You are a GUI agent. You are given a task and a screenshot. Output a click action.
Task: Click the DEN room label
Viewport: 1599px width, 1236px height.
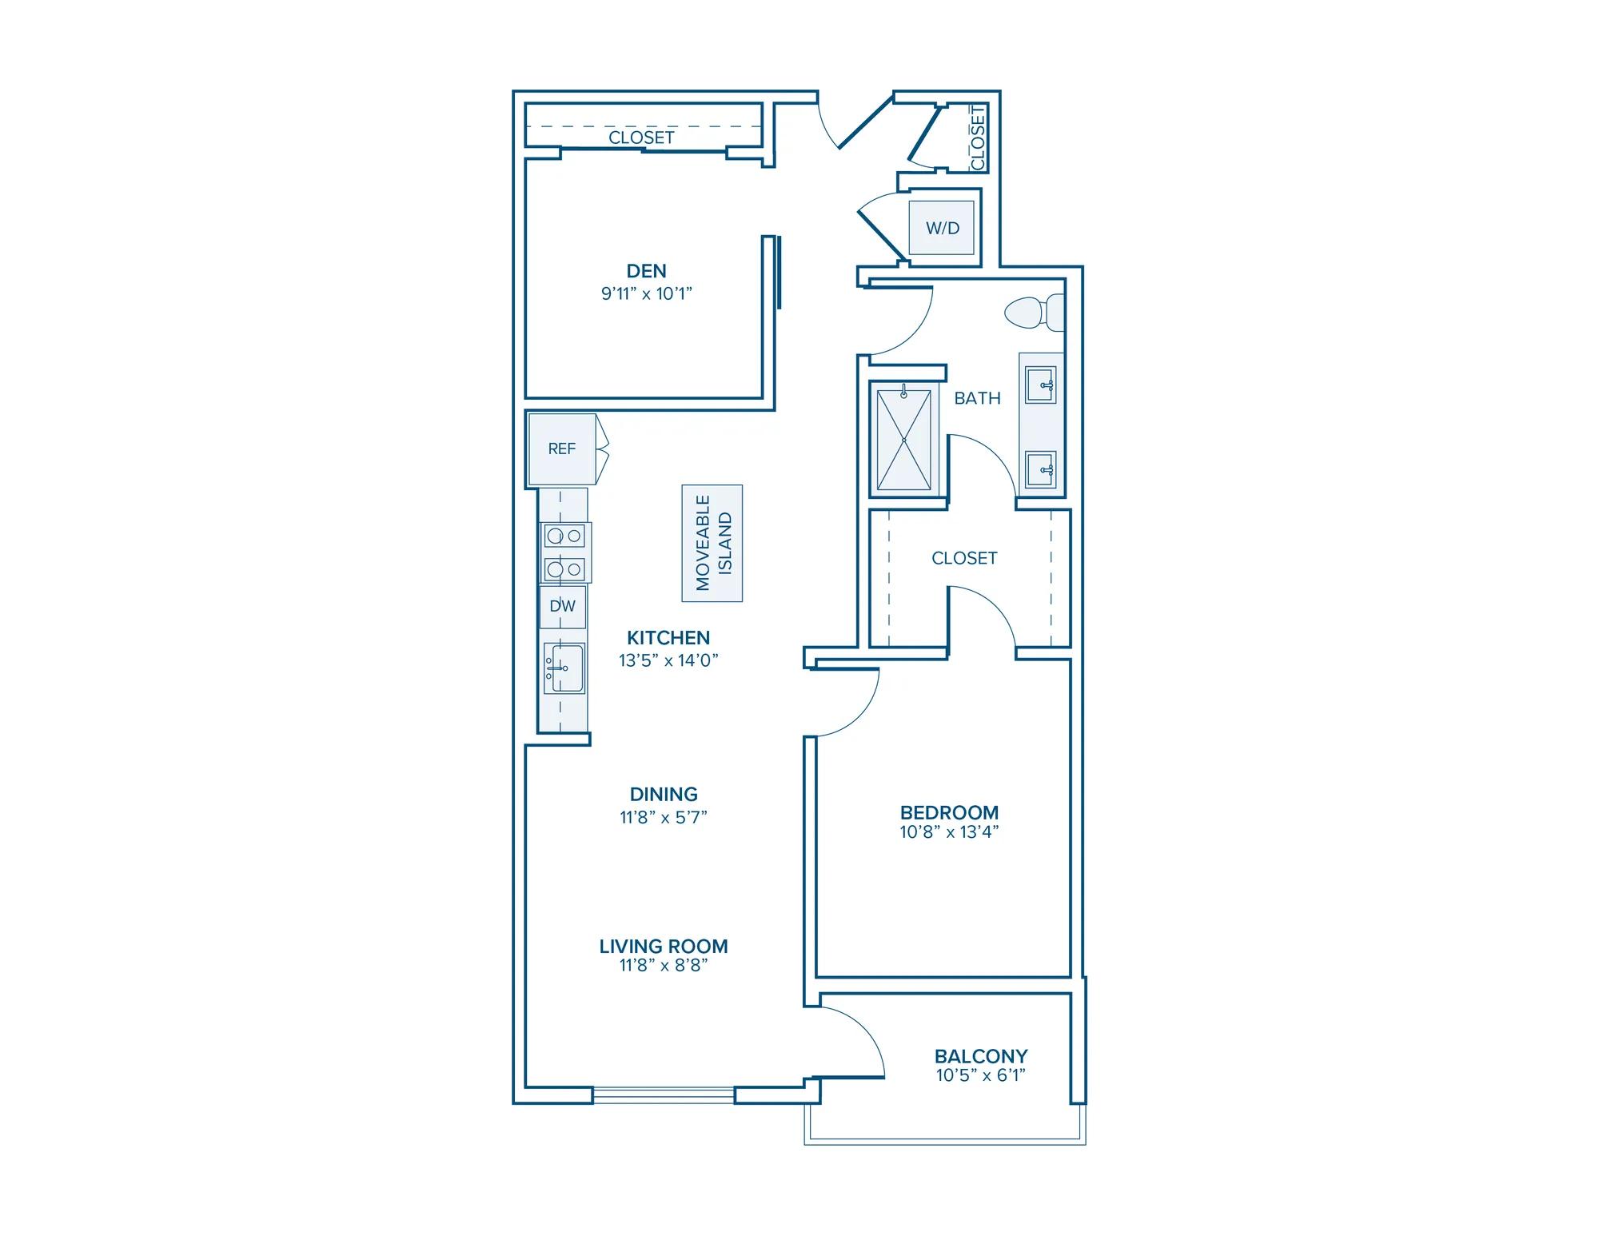coord(646,271)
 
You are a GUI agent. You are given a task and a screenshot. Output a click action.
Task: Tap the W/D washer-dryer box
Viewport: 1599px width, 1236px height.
coord(943,228)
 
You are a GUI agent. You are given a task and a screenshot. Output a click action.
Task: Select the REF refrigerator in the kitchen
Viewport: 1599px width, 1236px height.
coord(562,449)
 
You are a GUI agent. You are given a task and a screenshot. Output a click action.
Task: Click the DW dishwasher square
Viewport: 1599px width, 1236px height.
coord(563,606)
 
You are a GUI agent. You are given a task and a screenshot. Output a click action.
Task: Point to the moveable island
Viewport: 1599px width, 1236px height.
coord(712,543)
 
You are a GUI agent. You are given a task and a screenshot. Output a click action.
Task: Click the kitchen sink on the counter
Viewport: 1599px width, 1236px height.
coord(564,668)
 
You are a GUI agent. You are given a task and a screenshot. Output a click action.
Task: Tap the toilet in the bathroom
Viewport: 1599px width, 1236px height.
coord(1035,313)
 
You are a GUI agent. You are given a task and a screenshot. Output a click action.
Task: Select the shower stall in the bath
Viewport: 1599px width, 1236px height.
coord(904,439)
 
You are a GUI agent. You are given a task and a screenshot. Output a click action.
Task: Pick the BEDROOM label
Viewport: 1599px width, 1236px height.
coord(949,813)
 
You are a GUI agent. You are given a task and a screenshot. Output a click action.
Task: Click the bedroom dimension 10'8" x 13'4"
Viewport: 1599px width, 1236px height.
coord(949,832)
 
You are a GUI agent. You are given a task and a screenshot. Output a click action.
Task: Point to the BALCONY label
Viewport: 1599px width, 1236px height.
coord(981,1056)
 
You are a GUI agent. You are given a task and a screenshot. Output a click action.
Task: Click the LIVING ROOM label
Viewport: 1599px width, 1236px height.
coord(664,947)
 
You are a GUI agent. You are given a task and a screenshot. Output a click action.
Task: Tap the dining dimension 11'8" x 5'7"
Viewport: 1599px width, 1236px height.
coord(664,817)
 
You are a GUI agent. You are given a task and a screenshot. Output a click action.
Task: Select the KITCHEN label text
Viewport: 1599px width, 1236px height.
coord(668,638)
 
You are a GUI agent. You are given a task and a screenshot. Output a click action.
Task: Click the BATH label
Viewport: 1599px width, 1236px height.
coord(977,398)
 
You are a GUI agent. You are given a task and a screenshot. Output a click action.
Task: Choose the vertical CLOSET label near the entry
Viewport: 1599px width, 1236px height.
coord(979,138)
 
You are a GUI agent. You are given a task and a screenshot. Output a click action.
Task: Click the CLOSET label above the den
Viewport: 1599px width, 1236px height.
coord(641,138)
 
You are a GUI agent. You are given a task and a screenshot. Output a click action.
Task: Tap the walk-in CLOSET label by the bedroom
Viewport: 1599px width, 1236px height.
coord(964,558)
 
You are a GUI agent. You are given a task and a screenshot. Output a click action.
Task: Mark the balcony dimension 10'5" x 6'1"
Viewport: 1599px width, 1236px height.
coord(981,1076)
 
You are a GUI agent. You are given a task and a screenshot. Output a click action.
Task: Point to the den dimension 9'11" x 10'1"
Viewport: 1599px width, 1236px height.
coord(646,293)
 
